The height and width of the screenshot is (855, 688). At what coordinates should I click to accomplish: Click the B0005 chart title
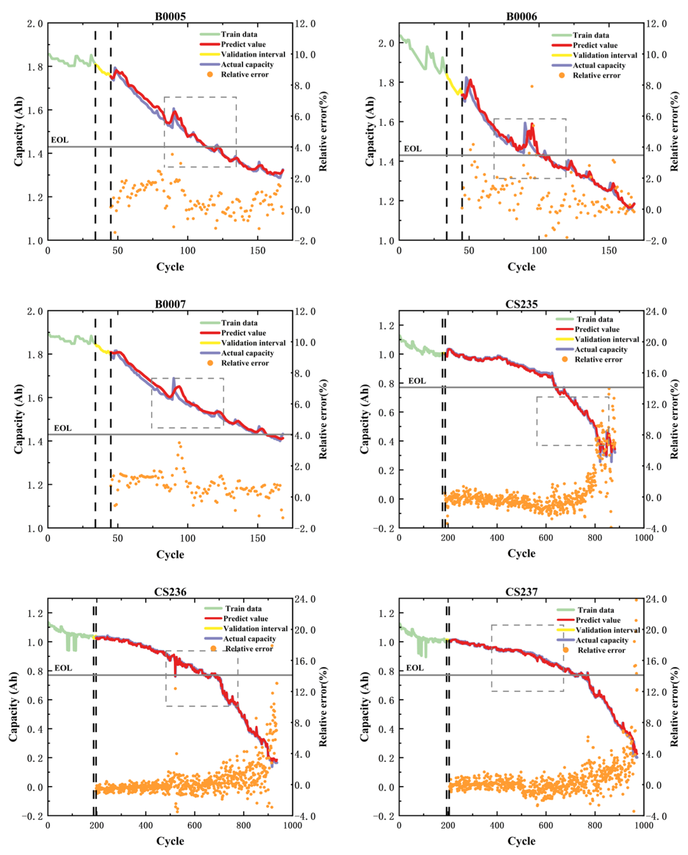click(x=170, y=16)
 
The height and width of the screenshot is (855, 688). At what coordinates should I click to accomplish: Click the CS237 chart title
click(x=521, y=592)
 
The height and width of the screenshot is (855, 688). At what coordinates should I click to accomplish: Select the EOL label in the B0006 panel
click(x=413, y=149)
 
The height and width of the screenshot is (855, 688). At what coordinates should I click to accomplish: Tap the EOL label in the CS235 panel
click(x=417, y=381)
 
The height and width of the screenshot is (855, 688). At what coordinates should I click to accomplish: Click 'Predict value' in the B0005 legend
click(x=243, y=44)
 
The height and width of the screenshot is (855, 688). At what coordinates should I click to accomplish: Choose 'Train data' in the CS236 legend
click(x=243, y=608)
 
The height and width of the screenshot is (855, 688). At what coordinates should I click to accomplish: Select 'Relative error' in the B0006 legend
click(x=596, y=75)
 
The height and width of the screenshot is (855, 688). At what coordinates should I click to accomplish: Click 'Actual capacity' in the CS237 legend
click(x=602, y=640)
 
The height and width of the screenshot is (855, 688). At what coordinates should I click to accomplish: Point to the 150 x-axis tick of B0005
click(x=258, y=251)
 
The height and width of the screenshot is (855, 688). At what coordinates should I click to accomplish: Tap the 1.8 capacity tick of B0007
click(x=35, y=355)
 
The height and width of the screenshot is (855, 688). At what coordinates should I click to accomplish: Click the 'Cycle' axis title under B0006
click(x=521, y=267)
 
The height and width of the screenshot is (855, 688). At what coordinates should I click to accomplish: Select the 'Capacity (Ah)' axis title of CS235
click(x=364, y=419)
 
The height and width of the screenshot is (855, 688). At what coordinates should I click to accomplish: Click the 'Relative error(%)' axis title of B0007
click(x=323, y=419)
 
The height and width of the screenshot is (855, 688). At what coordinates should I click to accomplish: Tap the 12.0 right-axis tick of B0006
click(x=656, y=24)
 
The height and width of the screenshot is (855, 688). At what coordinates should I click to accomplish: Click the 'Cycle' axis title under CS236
click(x=170, y=841)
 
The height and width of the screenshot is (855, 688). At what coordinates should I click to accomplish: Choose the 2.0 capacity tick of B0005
click(x=35, y=24)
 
